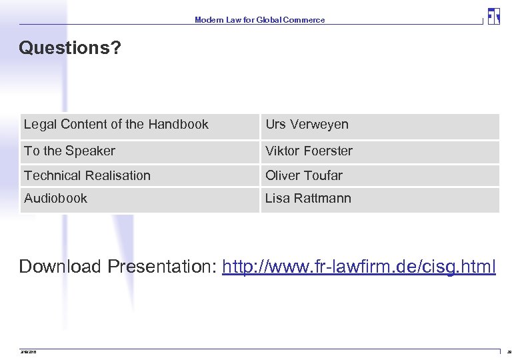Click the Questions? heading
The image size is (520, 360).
pos(70,48)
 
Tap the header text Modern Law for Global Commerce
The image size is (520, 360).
pos(260,20)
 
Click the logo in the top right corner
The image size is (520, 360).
pos(493,16)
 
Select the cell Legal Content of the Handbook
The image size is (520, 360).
pos(116,125)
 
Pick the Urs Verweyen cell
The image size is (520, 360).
pos(307,125)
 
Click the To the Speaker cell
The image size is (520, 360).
pos(69,151)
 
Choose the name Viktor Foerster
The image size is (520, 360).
pos(309,151)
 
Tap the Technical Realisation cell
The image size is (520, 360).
pos(87,176)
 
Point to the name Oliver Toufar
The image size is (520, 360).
pos(303,176)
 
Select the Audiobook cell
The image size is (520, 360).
pos(55,199)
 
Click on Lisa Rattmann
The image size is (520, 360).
pos(308,199)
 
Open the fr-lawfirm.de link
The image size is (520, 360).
pos(359,267)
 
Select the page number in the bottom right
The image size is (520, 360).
pos(510,351)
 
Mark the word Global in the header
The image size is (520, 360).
pos(269,20)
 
